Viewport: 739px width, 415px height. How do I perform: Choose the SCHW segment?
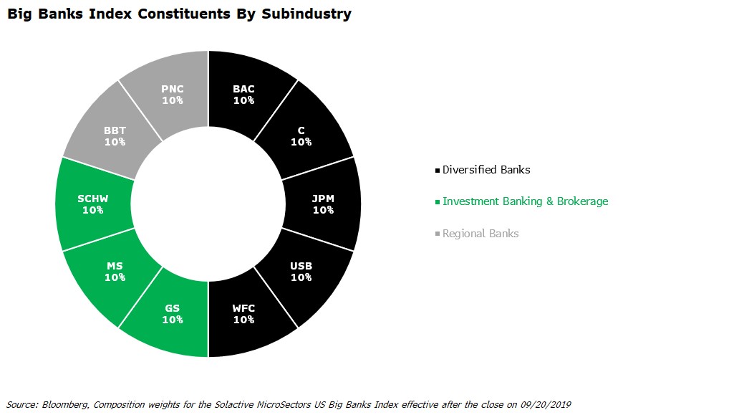pos(93,204)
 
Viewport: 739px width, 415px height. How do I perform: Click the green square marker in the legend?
pos(438,202)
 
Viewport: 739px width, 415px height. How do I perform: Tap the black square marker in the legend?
pos(438,171)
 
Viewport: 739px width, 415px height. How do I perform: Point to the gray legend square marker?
pos(438,234)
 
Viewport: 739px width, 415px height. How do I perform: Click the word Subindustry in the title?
pos(306,14)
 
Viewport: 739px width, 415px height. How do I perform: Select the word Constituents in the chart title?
pos(184,14)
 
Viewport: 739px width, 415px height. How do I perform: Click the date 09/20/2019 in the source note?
pos(546,405)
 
